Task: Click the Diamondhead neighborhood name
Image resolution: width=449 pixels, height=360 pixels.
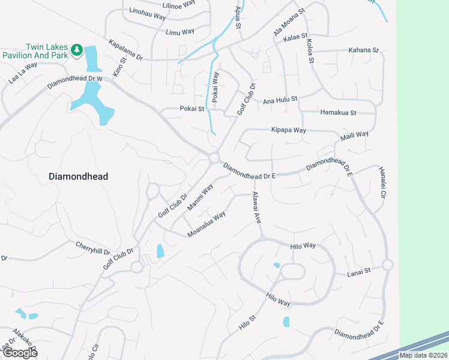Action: pos(78,176)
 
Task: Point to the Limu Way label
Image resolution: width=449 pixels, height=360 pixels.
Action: pos(180,32)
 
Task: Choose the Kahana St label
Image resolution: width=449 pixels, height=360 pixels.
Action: pos(364,50)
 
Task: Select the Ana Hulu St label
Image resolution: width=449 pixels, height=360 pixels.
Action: pos(280,101)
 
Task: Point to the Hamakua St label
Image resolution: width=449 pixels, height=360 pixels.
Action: pos(339,112)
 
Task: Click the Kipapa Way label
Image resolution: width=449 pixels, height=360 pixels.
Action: pos(288,130)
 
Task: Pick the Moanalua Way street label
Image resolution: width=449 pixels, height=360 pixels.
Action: pos(206,224)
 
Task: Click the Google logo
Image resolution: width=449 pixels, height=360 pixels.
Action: pos(20,353)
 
